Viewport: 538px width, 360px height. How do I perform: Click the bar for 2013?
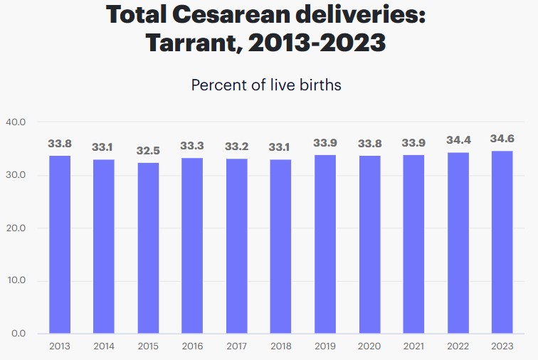click(x=60, y=244)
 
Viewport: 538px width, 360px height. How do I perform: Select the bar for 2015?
click(x=148, y=248)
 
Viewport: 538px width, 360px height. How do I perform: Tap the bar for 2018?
click(x=281, y=246)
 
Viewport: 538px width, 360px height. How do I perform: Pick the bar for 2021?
click(x=413, y=244)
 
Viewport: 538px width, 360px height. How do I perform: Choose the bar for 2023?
click(x=502, y=242)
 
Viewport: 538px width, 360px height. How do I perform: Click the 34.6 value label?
click(x=502, y=139)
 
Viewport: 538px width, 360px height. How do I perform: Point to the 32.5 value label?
click(x=148, y=151)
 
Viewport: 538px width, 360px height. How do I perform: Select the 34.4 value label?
click(x=458, y=141)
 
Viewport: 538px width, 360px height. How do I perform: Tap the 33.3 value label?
click(x=192, y=146)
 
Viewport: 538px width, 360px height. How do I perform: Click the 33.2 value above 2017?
click(x=236, y=147)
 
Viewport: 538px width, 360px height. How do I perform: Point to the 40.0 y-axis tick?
click(x=16, y=122)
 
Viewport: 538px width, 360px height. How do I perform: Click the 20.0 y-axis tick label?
click(x=16, y=228)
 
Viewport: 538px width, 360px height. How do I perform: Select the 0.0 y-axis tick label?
click(x=19, y=334)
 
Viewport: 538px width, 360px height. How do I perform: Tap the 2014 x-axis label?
click(x=104, y=346)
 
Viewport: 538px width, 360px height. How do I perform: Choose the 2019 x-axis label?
click(x=325, y=346)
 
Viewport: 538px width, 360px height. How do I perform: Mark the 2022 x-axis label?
click(x=458, y=346)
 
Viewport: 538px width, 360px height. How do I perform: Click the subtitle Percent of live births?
click(x=266, y=85)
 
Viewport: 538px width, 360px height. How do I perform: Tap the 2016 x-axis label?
click(x=192, y=346)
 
